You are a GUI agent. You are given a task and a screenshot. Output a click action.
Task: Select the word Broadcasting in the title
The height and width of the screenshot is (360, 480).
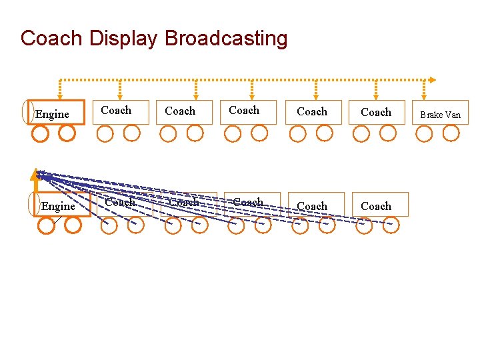pyautogui.click(x=226, y=38)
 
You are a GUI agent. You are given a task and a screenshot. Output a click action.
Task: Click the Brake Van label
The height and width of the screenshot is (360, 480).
pyautogui.click(x=440, y=115)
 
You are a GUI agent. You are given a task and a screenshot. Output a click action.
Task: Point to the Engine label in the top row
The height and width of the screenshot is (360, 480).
pyautogui.click(x=52, y=114)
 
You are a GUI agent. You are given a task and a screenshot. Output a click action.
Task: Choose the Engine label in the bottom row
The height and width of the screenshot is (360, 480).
pyautogui.click(x=58, y=207)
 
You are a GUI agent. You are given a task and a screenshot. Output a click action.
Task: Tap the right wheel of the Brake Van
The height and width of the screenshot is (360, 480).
pyautogui.click(x=451, y=133)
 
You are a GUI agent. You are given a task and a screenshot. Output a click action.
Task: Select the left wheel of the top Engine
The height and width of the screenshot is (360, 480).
pyautogui.click(x=40, y=133)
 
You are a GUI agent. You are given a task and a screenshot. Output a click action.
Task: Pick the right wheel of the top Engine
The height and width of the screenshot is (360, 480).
pyautogui.click(x=67, y=133)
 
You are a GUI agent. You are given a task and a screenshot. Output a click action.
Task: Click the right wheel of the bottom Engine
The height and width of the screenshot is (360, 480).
pyautogui.click(x=73, y=225)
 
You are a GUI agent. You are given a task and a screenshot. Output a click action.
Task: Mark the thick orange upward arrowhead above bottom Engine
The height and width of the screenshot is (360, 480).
pyautogui.click(x=35, y=175)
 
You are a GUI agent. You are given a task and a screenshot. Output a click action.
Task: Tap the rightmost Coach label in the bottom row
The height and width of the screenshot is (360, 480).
pyautogui.click(x=376, y=207)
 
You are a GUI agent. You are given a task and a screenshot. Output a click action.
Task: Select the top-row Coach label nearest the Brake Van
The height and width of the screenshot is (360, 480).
pyautogui.click(x=376, y=112)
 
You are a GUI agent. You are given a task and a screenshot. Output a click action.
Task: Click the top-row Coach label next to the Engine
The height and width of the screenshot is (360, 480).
pyautogui.click(x=116, y=110)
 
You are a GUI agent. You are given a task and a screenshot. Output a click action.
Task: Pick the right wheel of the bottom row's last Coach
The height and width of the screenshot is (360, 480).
pyautogui.click(x=391, y=225)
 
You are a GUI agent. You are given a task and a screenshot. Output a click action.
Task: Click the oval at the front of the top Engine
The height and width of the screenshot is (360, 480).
pyautogui.click(x=27, y=112)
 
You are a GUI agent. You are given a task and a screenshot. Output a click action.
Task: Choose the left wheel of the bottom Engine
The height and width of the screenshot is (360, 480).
pyautogui.click(x=46, y=225)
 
